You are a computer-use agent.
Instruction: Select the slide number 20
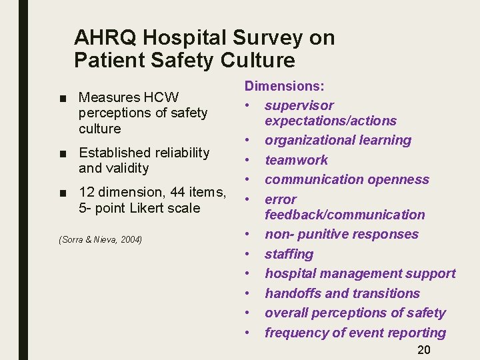click(424, 351)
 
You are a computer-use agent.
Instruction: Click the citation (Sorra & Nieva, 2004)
click(101, 239)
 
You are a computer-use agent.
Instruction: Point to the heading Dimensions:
click(284, 86)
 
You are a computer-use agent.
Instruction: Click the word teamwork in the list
click(296, 160)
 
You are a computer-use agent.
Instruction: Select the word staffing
click(289, 254)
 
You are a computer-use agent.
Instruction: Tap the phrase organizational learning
click(338, 141)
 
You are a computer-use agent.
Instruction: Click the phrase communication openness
click(347, 179)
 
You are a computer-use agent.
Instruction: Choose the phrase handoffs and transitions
click(342, 293)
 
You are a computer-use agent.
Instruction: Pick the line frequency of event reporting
click(355, 333)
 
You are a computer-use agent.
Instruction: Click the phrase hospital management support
click(360, 273)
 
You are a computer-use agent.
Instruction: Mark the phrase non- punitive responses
click(341, 235)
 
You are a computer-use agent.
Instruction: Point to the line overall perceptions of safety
click(355, 313)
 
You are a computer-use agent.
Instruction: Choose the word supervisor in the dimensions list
click(299, 105)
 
